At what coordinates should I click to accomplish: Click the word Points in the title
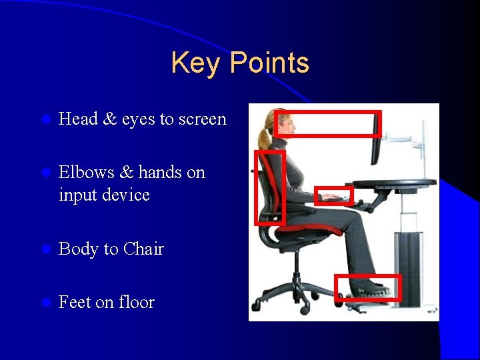tap(270, 63)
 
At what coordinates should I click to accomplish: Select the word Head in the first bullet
tap(77, 119)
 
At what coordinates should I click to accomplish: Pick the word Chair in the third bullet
tap(143, 249)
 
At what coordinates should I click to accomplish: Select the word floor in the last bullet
tap(136, 302)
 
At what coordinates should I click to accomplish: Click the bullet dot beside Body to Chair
tap(45, 249)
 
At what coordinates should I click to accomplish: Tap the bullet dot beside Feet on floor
tap(45, 303)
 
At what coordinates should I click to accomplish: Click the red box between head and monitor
tap(327, 124)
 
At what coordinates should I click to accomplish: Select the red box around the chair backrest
tap(270, 187)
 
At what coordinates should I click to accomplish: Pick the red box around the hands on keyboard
tap(333, 195)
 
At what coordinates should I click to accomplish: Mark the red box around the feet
tap(367, 287)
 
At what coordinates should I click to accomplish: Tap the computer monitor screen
tap(376, 140)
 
